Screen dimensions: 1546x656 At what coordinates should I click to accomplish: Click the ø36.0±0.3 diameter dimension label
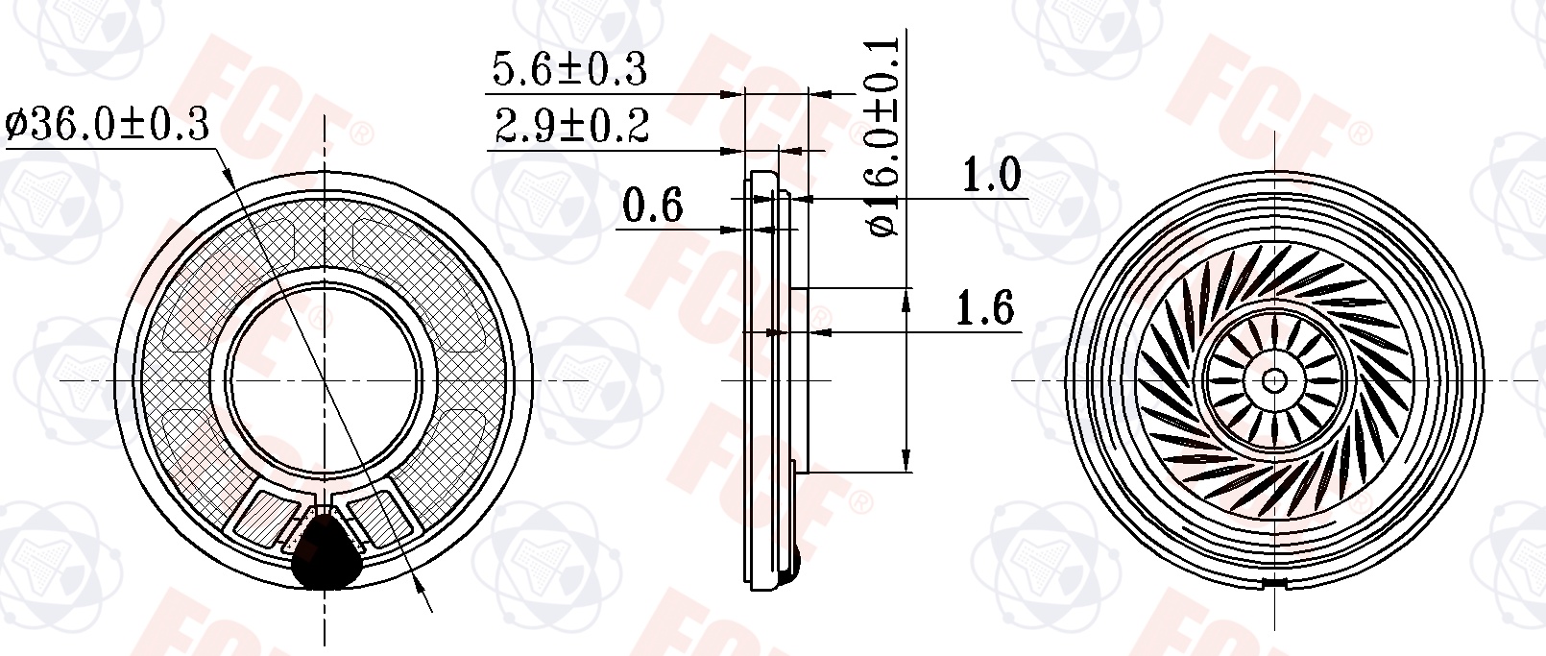[x=107, y=125]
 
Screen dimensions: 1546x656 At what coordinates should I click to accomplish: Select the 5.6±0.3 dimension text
[x=569, y=69]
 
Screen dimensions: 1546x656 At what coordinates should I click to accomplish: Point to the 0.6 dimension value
[x=652, y=206]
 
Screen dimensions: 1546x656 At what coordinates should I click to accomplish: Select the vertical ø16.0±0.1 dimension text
[x=883, y=136]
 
